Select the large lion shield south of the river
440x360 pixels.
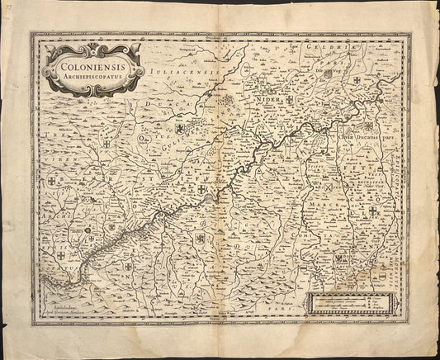tap(198, 239)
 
